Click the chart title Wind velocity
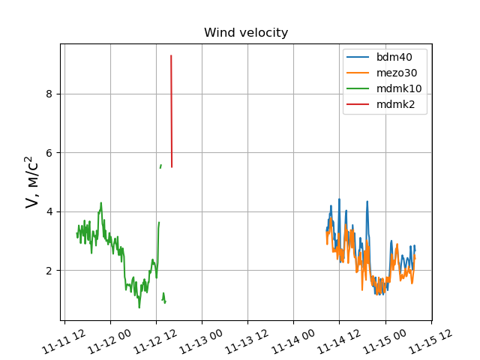[246, 33]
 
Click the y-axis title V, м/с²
[31, 182]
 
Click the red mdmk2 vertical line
[172, 112]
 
